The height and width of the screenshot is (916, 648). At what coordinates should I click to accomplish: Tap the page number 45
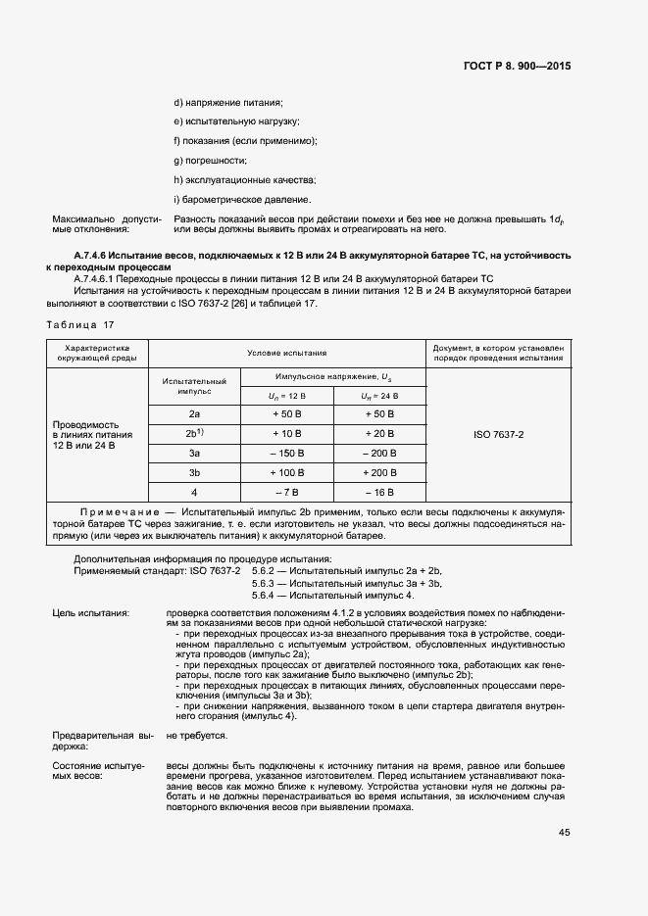point(564,833)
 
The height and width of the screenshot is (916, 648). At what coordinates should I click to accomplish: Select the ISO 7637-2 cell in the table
point(498,433)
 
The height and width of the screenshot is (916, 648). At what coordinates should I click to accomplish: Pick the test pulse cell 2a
point(194,413)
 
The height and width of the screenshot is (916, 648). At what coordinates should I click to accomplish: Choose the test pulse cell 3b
point(194,472)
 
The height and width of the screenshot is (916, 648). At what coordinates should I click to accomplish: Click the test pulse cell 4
point(194,492)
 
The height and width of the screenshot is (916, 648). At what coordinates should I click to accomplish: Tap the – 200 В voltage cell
point(377,453)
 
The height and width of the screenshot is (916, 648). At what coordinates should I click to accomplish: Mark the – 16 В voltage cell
point(377,492)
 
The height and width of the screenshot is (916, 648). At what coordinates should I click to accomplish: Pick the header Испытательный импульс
point(194,385)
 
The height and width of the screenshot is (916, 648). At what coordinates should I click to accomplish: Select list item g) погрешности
point(210,160)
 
